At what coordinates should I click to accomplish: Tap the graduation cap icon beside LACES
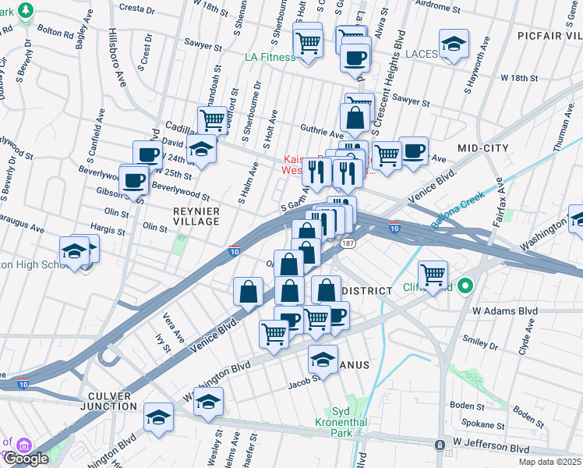tap(454, 45)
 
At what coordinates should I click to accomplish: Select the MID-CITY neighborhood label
tap(483, 147)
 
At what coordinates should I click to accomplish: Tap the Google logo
tap(25, 459)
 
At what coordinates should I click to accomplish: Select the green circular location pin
tap(465, 285)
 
